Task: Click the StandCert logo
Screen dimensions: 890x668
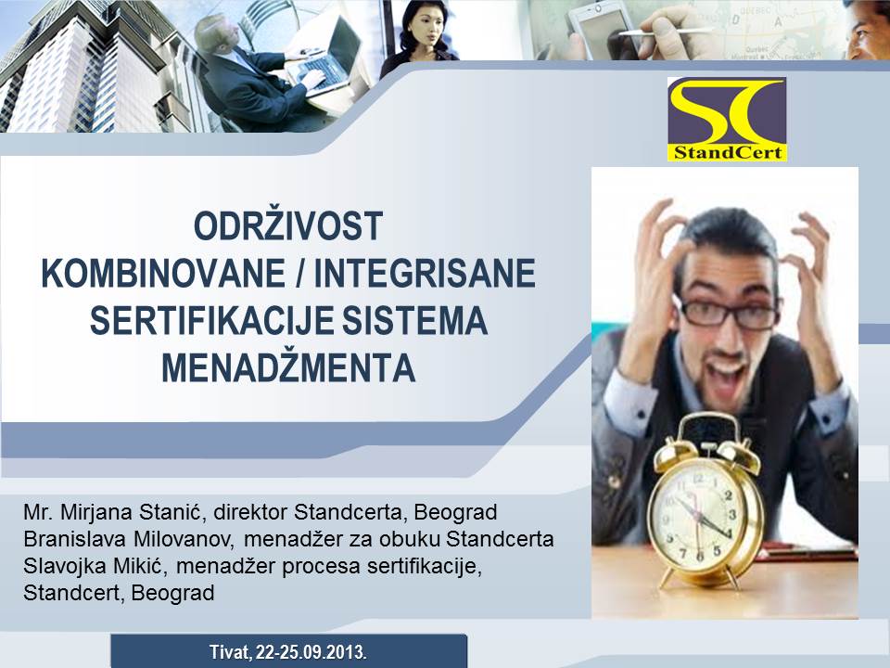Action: click(x=727, y=120)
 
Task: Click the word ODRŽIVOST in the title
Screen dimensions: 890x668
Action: click(x=288, y=226)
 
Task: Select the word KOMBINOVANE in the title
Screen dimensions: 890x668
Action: click(x=163, y=274)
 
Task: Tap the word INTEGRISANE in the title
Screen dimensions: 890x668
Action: click(x=425, y=274)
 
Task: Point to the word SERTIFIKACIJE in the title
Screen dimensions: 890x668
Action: click(x=211, y=320)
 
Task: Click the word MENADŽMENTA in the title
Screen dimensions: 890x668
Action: click(x=289, y=367)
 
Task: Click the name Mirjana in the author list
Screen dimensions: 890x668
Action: click(x=95, y=513)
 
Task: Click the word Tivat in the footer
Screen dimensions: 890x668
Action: click(x=229, y=652)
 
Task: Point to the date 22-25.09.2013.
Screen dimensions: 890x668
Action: click(x=311, y=652)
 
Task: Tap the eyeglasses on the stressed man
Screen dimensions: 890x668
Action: click(x=728, y=314)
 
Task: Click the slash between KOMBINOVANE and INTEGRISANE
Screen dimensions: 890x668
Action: click(x=299, y=275)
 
